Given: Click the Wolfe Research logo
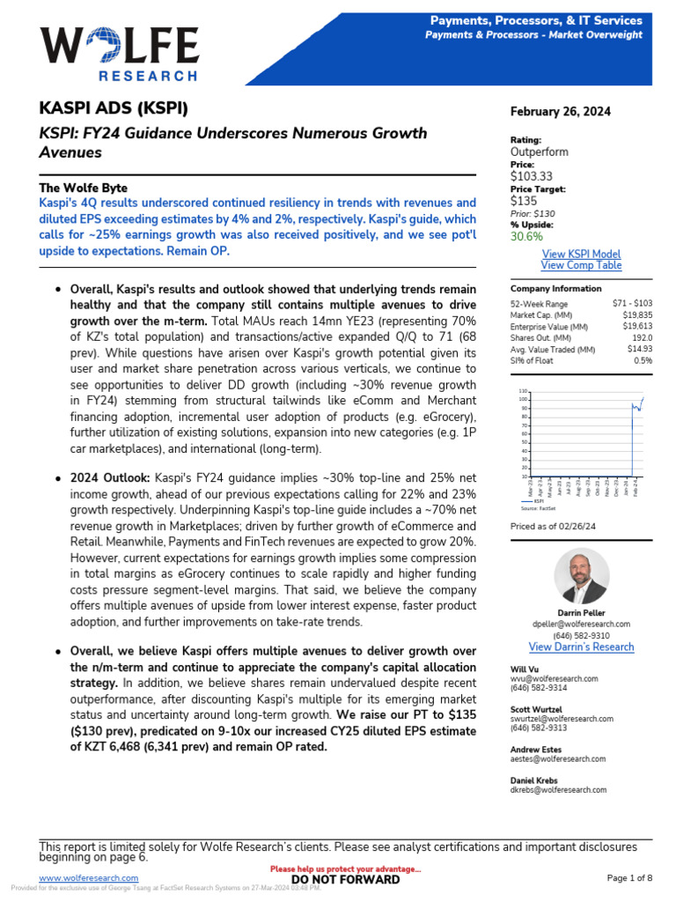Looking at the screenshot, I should [119, 53].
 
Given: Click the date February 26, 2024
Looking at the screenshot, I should [560, 112].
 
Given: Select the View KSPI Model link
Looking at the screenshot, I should [580, 254].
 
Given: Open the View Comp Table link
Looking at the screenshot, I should [580, 265].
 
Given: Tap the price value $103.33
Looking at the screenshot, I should [532, 176].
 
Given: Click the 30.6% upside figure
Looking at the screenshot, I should [526, 235].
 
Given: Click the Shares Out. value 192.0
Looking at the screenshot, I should [640, 337].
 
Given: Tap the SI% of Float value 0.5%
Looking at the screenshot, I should [643, 360].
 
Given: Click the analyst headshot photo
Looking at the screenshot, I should [581, 577].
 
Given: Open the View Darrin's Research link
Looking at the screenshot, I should [580, 647].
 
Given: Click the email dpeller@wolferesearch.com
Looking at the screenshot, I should [580, 624].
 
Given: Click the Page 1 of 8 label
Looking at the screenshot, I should [630, 878].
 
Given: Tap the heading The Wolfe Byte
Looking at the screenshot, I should [83, 188].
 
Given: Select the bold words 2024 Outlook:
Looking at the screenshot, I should [110, 477].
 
